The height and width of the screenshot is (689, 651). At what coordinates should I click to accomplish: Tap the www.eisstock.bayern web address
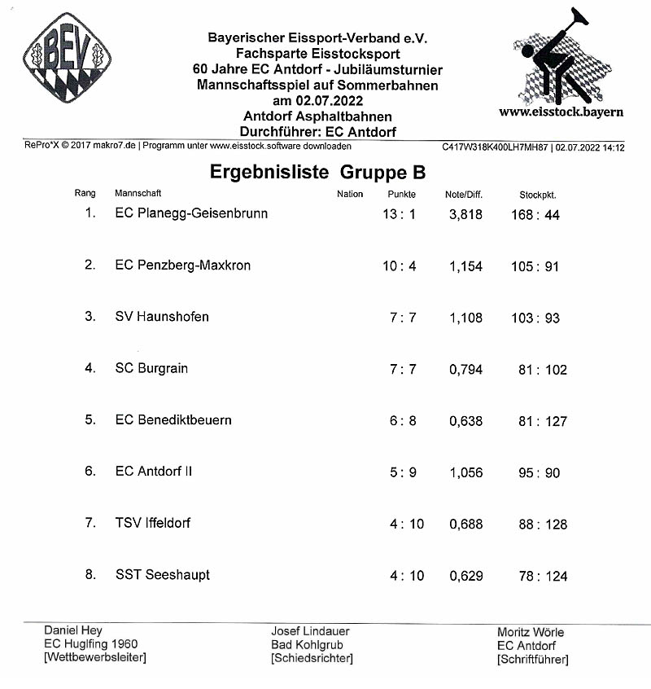click(561, 112)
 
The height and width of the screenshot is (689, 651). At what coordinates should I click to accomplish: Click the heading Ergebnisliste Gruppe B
click(317, 173)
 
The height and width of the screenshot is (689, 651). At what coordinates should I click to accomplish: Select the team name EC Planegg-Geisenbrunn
click(191, 213)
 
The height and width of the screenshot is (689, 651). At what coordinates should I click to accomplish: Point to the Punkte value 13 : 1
click(400, 214)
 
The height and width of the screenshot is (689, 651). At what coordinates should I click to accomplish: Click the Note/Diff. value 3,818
click(465, 214)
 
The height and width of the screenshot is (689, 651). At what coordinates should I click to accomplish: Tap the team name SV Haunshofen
click(162, 316)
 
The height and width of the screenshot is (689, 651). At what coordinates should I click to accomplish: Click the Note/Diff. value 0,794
click(465, 370)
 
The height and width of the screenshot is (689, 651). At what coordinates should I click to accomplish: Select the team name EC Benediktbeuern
click(173, 420)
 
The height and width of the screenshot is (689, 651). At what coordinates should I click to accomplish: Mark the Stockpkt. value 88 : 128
click(542, 524)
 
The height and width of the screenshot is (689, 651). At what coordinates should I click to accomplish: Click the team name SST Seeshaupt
click(163, 575)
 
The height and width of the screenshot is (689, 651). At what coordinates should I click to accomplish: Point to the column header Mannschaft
click(138, 194)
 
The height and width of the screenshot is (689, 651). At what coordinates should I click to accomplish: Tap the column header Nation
click(350, 194)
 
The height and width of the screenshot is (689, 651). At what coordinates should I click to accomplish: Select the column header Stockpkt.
click(538, 195)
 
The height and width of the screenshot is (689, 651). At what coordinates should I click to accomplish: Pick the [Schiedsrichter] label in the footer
click(312, 658)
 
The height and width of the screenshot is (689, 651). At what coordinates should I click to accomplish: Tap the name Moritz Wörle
click(530, 632)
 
